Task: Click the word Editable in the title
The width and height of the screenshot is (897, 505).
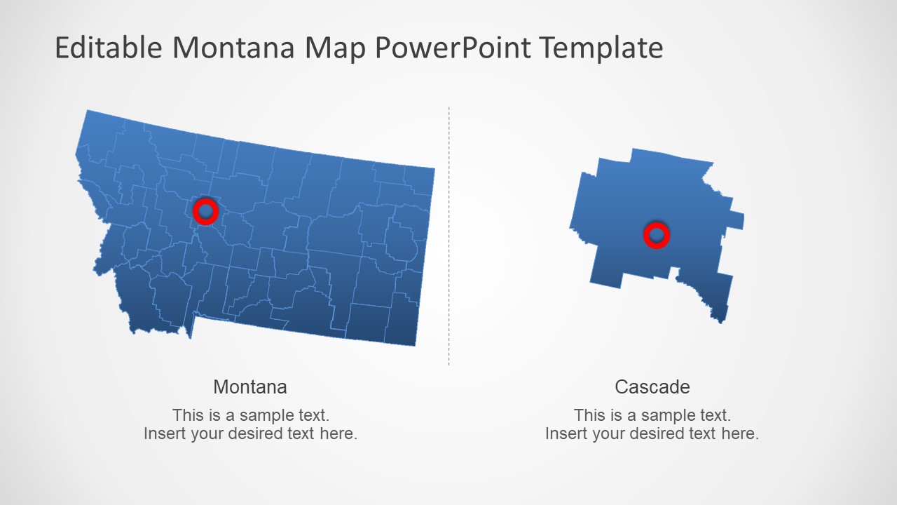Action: click(x=109, y=48)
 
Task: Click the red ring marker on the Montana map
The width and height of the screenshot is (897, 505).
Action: click(x=205, y=211)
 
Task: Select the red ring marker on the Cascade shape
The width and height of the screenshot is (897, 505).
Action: click(x=657, y=236)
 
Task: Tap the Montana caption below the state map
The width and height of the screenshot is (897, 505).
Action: click(x=250, y=387)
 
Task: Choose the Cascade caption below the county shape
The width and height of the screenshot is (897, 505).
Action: click(x=652, y=387)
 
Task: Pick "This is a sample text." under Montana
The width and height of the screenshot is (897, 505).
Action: click(x=251, y=415)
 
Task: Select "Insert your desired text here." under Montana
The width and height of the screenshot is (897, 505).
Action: click(x=251, y=433)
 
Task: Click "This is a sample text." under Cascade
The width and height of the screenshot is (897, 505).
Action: click(x=652, y=415)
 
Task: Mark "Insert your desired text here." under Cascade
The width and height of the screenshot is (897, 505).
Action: click(x=652, y=433)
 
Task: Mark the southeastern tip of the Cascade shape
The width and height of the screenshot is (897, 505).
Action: click(x=720, y=319)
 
